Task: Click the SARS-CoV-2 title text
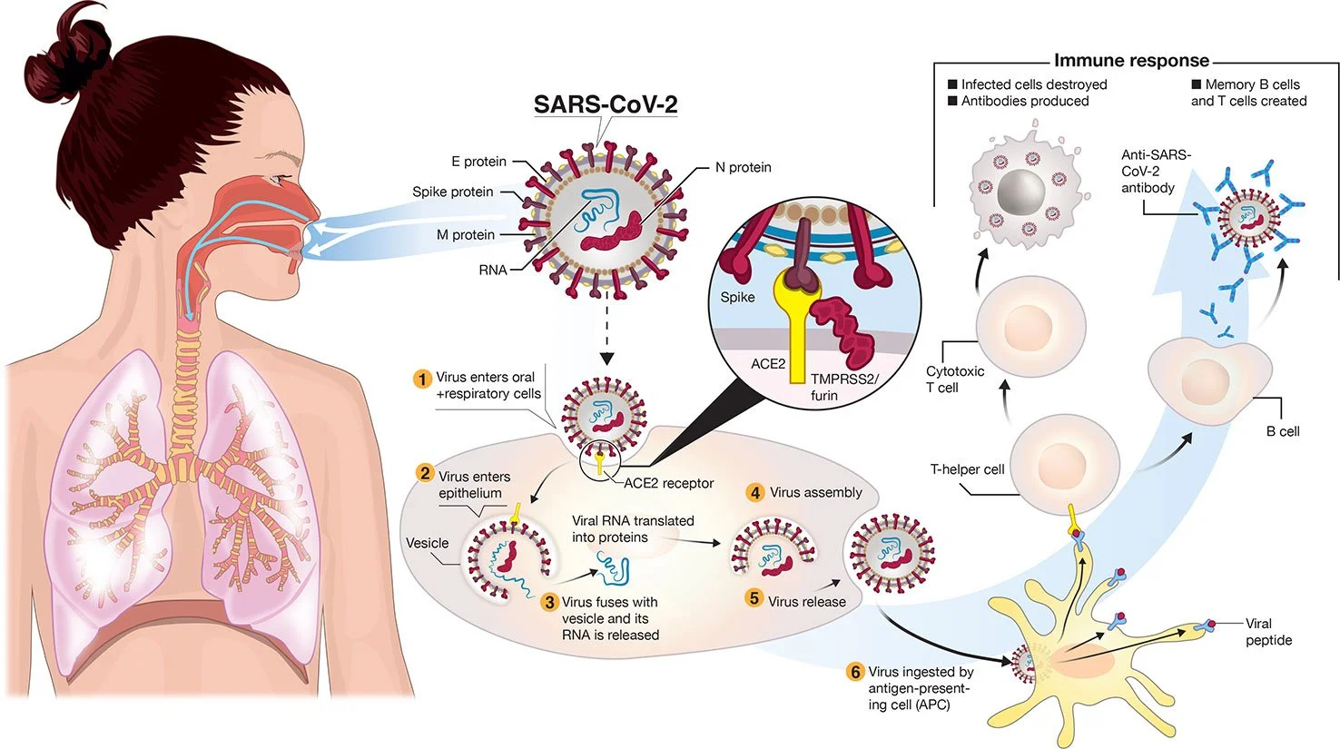click(x=605, y=103)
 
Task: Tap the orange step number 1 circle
click(x=421, y=378)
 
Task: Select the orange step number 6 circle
click(x=854, y=672)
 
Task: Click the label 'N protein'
click(x=743, y=167)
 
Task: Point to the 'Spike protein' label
click(x=452, y=192)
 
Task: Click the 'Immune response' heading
click(x=1131, y=61)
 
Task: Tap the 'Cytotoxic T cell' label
click(x=954, y=379)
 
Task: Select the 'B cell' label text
click(x=1282, y=431)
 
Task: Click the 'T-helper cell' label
click(x=967, y=469)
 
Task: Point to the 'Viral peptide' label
click(x=1268, y=632)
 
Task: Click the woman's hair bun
click(x=91, y=27)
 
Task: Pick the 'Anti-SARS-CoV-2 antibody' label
click(x=1155, y=171)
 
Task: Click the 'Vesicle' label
click(x=427, y=543)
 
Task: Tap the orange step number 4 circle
click(x=755, y=492)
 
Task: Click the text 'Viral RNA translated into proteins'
click(x=633, y=528)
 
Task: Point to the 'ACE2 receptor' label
click(x=668, y=483)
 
